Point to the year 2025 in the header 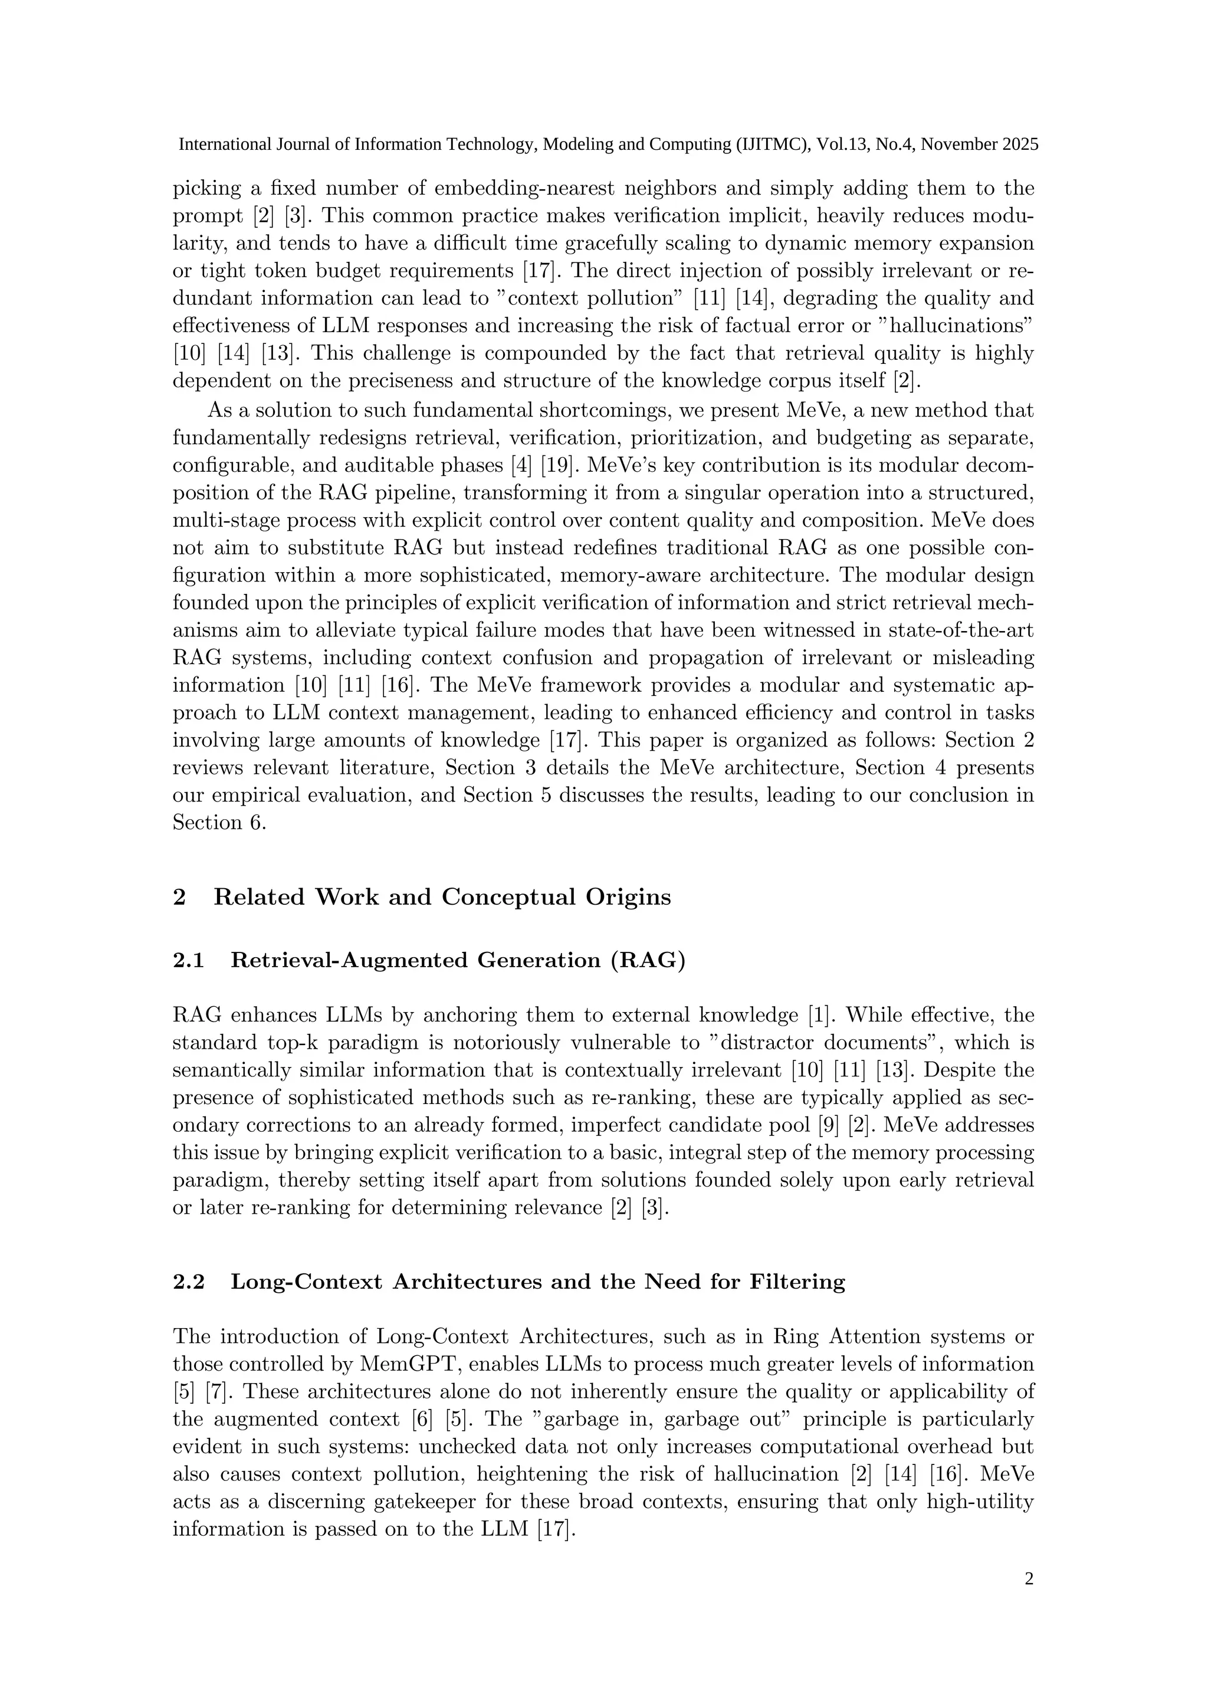pos(1020,144)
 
